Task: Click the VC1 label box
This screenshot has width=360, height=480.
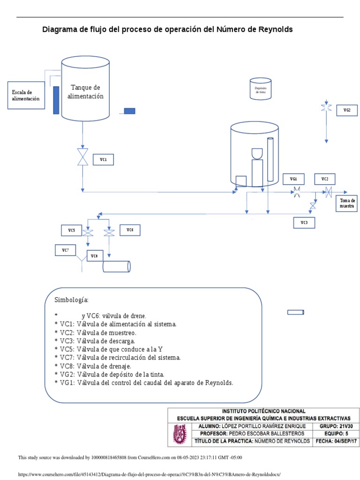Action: pyautogui.click(x=103, y=159)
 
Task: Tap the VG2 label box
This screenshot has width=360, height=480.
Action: pyautogui.click(x=347, y=110)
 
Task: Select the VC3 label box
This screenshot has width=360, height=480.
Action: pyautogui.click(x=304, y=223)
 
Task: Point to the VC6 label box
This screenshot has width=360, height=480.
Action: pyautogui.click(x=130, y=230)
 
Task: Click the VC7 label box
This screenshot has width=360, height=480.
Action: pyautogui.click(x=65, y=250)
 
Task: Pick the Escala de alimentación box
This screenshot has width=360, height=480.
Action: pyautogui.click(x=26, y=96)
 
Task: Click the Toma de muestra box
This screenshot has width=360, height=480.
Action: pyautogui.click(x=347, y=203)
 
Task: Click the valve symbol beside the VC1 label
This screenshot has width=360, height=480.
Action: pyautogui.click(x=83, y=157)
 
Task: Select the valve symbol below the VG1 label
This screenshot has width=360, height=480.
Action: pyautogui.click(x=297, y=192)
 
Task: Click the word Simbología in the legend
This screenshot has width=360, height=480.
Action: pyautogui.click(x=71, y=300)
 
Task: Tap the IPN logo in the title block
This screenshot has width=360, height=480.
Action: pyautogui.click(x=180, y=434)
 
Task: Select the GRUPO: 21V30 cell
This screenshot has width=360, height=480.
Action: pyautogui.click(x=336, y=426)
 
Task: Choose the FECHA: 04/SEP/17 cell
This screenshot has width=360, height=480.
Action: pyautogui.click(x=336, y=441)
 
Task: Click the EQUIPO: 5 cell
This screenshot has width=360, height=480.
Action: pyautogui.click(x=336, y=434)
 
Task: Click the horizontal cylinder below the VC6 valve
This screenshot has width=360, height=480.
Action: pyautogui.click(x=116, y=266)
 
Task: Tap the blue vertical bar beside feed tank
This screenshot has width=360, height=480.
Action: pyautogui.click(x=56, y=100)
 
